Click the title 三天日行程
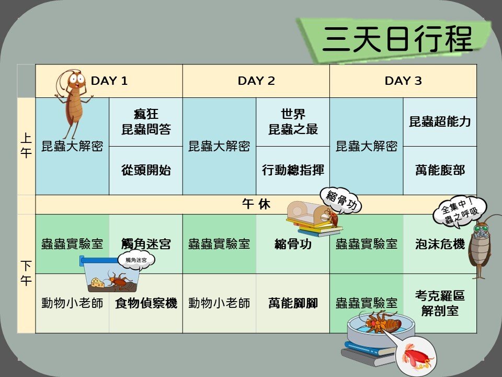coord(397,39)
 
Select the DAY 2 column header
coord(256,81)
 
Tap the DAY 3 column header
coord(403,81)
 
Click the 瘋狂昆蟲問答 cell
coord(146,122)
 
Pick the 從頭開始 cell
coord(146,170)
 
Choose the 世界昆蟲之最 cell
coord(293,122)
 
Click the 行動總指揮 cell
coord(293,170)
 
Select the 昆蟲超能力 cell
coord(440,122)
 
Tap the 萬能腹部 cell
coord(440,170)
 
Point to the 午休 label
coord(256,204)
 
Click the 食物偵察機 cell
coord(146,303)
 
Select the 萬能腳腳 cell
coord(293,303)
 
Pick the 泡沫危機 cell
coord(440,244)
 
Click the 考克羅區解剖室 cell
coord(440,303)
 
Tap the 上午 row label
coord(26,146)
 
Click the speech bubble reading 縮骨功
coord(340,201)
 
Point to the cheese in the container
coord(97,282)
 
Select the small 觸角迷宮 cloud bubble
coord(136,260)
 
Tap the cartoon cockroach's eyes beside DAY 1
coord(76,78)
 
